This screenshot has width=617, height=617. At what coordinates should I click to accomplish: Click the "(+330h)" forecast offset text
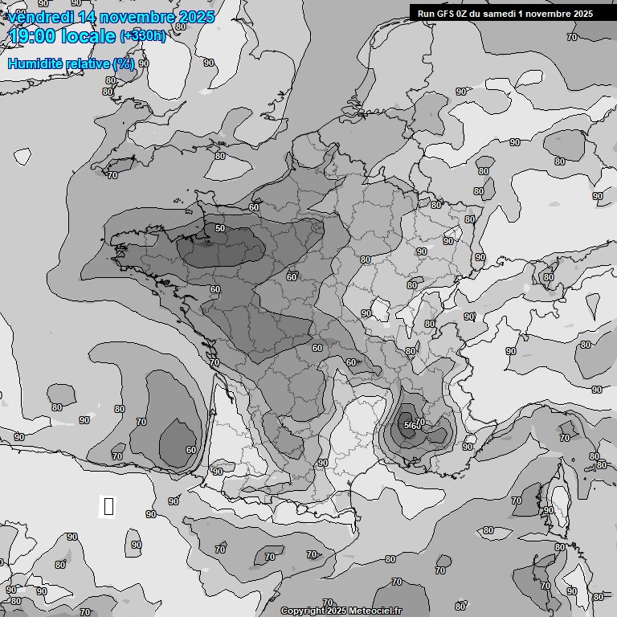(x=142, y=36)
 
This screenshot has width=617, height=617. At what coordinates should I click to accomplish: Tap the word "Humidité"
(x=35, y=64)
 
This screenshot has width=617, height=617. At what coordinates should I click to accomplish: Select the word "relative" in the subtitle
(x=87, y=64)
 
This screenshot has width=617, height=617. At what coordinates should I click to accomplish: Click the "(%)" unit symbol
(x=123, y=64)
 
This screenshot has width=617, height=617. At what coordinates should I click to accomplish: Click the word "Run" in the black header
(x=426, y=13)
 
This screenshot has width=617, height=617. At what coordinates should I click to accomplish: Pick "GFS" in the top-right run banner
(x=446, y=13)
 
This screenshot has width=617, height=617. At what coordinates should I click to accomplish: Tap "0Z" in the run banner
(x=466, y=13)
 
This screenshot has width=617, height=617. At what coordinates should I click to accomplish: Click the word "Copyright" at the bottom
(x=302, y=611)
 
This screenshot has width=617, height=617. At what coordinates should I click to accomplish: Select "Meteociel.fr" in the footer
(x=378, y=611)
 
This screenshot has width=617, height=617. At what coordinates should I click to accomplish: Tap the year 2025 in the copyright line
(x=338, y=611)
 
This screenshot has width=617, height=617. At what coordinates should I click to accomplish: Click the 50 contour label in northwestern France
(x=220, y=229)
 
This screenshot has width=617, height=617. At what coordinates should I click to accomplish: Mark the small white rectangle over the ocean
(x=108, y=506)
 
